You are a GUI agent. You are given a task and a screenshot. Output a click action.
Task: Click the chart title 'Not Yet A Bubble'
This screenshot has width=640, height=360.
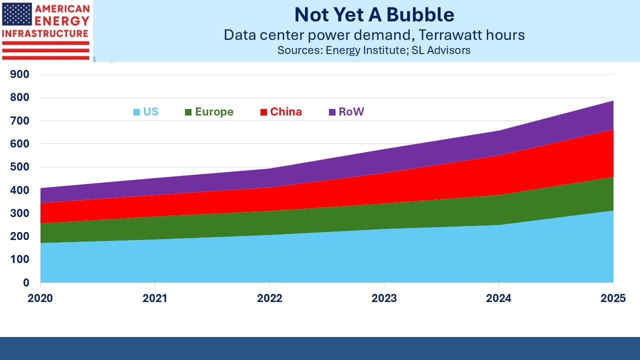[x=374, y=15]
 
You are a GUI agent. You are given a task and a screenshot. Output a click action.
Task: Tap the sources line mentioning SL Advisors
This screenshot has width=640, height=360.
[x=374, y=50]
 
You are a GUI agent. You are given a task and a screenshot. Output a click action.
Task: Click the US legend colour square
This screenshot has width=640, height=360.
[x=136, y=112]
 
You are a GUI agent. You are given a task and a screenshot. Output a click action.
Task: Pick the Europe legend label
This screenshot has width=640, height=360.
[x=214, y=111]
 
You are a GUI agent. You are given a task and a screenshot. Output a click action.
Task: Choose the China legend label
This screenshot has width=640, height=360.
[x=285, y=111]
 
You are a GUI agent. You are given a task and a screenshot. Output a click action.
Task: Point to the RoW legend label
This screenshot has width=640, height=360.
[x=351, y=111]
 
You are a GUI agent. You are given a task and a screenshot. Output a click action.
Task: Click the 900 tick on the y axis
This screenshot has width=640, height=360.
[x=19, y=74]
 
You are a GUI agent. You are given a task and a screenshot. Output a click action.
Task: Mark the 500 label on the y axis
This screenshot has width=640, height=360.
[x=19, y=167]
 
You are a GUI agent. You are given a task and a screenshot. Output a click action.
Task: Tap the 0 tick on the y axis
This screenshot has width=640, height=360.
[x=26, y=282]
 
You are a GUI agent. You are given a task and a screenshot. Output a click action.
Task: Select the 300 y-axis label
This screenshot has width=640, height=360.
[x=19, y=213]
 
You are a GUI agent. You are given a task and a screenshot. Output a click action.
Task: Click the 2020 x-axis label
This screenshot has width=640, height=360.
[x=40, y=298]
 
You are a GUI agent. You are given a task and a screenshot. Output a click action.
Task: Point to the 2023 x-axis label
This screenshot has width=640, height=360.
[x=384, y=298]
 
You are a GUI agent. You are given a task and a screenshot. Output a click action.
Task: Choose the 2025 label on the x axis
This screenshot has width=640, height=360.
[x=613, y=298]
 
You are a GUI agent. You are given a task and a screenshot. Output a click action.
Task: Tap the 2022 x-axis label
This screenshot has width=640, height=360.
[x=269, y=298]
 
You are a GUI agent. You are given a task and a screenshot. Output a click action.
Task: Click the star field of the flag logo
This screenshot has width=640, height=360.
[x=17, y=14]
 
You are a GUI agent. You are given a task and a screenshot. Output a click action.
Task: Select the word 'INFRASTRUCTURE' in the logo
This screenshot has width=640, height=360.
[x=45, y=33]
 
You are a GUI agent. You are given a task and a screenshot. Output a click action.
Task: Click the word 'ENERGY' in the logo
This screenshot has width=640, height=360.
[x=62, y=21]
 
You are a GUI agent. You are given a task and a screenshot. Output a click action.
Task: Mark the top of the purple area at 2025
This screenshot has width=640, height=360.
[x=613, y=100]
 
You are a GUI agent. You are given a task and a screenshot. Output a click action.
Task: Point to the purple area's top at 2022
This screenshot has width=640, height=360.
[x=269, y=168]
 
